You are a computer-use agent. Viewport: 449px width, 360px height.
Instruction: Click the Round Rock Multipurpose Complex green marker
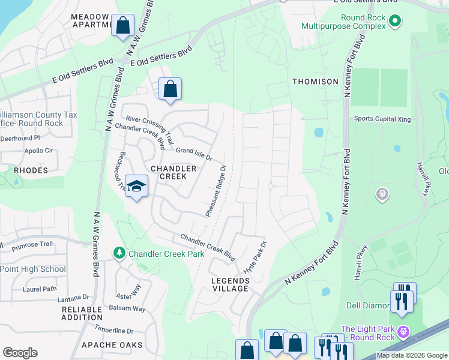tap(394, 23)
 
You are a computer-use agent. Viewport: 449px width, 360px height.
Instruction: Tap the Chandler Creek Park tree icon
tap(119, 254)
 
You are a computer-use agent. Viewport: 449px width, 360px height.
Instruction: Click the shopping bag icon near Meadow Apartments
tap(123, 26)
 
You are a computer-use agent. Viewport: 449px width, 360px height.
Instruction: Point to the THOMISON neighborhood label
tap(315, 81)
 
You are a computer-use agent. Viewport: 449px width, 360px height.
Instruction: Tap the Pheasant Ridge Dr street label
tap(216, 191)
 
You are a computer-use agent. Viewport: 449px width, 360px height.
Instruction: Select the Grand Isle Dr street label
tap(193, 154)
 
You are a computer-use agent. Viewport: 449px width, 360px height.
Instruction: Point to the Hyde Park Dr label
tap(254, 259)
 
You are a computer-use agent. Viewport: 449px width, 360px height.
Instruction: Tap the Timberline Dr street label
tap(114, 331)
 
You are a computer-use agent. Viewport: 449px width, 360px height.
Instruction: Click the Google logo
tap(20, 352)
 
